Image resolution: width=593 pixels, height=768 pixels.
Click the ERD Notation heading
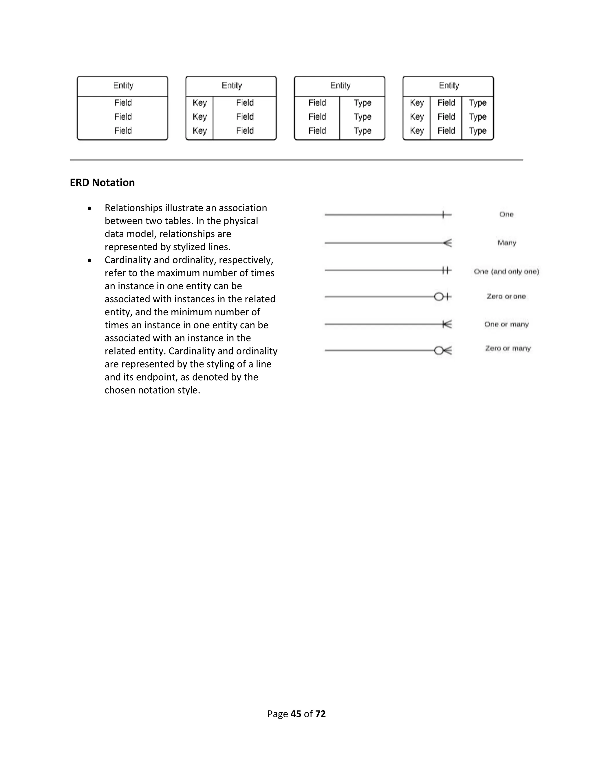tap(102, 183)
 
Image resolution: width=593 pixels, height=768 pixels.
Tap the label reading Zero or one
tap(506, 296)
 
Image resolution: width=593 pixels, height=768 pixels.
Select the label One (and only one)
tap(506, 272)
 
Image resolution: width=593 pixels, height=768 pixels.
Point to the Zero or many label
tap(508, 348)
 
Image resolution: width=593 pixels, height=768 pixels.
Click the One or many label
tap(506, 324)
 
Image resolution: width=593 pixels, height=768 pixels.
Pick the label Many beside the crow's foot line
tap(507, 243)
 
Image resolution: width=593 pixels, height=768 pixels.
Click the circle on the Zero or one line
tap(438, 297)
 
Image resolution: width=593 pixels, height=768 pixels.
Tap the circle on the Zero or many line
tap(438, 351)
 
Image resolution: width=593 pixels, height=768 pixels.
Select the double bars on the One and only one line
tap(445, 270)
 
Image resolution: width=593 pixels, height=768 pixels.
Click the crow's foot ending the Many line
tap(448, 243)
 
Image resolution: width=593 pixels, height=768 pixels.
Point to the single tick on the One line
tap(443, 214)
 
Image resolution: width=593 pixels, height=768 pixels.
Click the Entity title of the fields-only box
tap(123, 85)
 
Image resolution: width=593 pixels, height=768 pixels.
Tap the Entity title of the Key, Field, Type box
tap(449, 85)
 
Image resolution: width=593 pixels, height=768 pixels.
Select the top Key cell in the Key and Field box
tap(200, 103)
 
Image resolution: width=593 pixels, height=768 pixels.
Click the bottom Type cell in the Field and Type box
tap(362, 131)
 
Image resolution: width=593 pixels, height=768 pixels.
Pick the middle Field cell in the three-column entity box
tap(446, 117)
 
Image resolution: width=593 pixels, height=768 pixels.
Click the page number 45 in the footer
tap(296, 714)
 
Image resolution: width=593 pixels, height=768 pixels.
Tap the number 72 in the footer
tap(321, 714)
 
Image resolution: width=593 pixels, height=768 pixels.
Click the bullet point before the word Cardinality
tap(90, 261)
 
